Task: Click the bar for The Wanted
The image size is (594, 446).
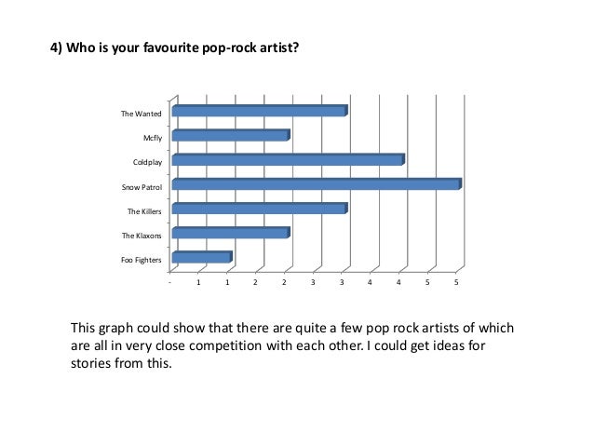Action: click(x=259, y=112)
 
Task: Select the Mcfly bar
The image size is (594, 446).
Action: click(x=230, y=136)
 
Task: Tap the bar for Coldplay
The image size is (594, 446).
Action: click(x=288, y=160)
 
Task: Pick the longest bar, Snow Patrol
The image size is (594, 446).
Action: click(x=316, y=184)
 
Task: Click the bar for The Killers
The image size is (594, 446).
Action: click(x=259, y=209)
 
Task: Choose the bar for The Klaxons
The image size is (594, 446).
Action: click(x=230, y=233)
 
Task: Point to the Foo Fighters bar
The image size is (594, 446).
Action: click(x=201, y=257)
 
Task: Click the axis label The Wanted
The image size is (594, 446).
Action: click(x=142, y=114)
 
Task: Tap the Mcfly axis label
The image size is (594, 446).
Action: click(x=153, y=138)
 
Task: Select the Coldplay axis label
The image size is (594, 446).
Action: click(x=147, y=162)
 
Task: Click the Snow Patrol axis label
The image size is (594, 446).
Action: click(x=142, y=186)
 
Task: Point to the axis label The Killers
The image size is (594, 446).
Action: click(x=144, y=210)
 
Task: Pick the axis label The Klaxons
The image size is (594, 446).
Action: click(x=142, y=235)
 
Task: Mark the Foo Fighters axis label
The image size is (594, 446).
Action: click(x=142, y=259)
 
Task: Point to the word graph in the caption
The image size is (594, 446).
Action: click(x=121, y=330)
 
